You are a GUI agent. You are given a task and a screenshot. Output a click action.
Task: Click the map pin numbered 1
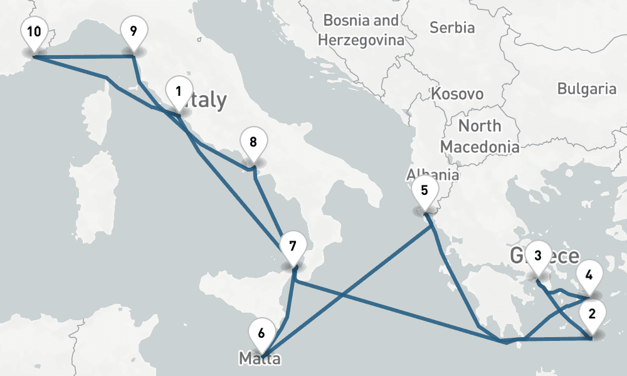point(179,92)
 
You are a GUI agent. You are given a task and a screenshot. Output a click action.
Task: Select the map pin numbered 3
point(538,256)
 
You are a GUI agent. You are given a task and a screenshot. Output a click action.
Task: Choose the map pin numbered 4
point(589,274)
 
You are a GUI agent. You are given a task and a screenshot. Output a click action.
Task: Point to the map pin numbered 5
point(424,191)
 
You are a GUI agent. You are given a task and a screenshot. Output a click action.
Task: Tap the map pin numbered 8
point(253,143)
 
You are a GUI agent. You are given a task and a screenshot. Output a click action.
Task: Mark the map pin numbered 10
point(34,32)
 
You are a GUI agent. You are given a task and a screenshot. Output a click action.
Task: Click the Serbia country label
point(452,28)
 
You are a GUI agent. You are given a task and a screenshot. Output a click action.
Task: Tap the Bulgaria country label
point(586,88)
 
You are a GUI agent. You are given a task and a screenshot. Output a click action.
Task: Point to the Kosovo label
point(457,94)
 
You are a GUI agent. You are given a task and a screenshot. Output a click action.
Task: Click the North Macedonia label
point(480,135)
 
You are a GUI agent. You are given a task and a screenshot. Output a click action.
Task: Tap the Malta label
point(260,359)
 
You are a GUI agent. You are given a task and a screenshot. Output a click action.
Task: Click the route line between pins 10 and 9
point(82,58)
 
